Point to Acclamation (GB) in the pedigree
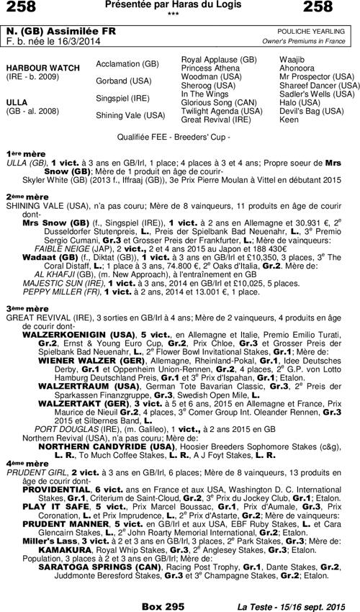coord(127,64)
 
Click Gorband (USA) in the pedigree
coord(122,81)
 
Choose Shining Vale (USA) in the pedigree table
coord(130,115)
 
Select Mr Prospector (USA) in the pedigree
coord(316,76)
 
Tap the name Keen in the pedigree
coord(288,119)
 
